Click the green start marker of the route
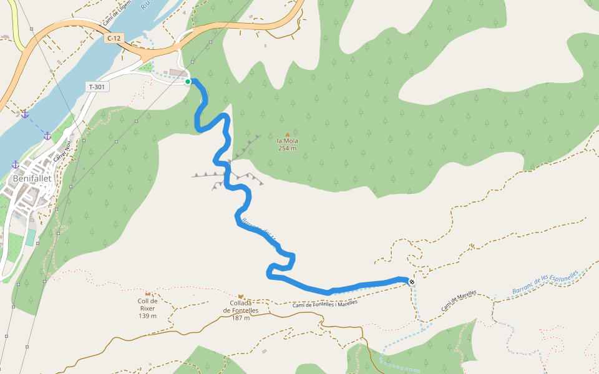pos(188,81)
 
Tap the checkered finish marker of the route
pos(412,282)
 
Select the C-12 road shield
pos(113,38)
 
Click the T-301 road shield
pos(97,87)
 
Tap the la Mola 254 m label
pos(287,144)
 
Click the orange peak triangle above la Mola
pos(287,134)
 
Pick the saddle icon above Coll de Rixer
pos(148,293)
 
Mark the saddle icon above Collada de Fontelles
pos(241,295)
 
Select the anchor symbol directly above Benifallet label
pos(15,164)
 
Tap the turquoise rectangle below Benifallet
pos(31,237)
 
